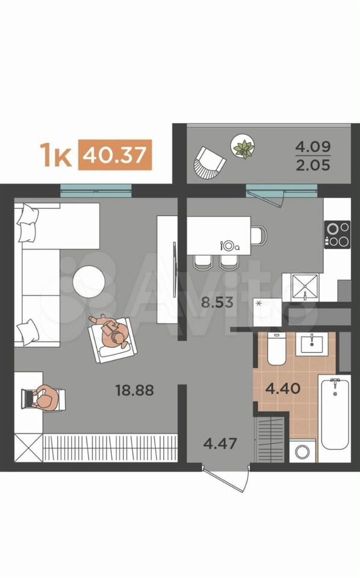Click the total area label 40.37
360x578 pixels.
pyautogui.click(x=114, y=155)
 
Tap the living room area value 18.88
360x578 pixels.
pyautogui.click(x=134, y=390)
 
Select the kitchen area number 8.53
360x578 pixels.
pyautogui.click(x=217, y=302)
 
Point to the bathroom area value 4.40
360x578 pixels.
pyautogui.click(x=283, y=388)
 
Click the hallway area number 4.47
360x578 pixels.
pyautogui.click(x=220, y=443)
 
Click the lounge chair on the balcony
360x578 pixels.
pyautogui.click(x=209, y=163)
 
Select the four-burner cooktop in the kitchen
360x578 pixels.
pyautogui.click(x=337, y=234)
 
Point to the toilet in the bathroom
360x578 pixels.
pyautogui.click(x=276, y=349)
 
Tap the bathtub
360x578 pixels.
pyautogui.click(x=335, y=413)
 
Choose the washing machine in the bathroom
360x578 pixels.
pyautogui.click(x=303, y=450)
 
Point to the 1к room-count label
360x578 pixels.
pyautogui.click(x=55, y=155)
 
